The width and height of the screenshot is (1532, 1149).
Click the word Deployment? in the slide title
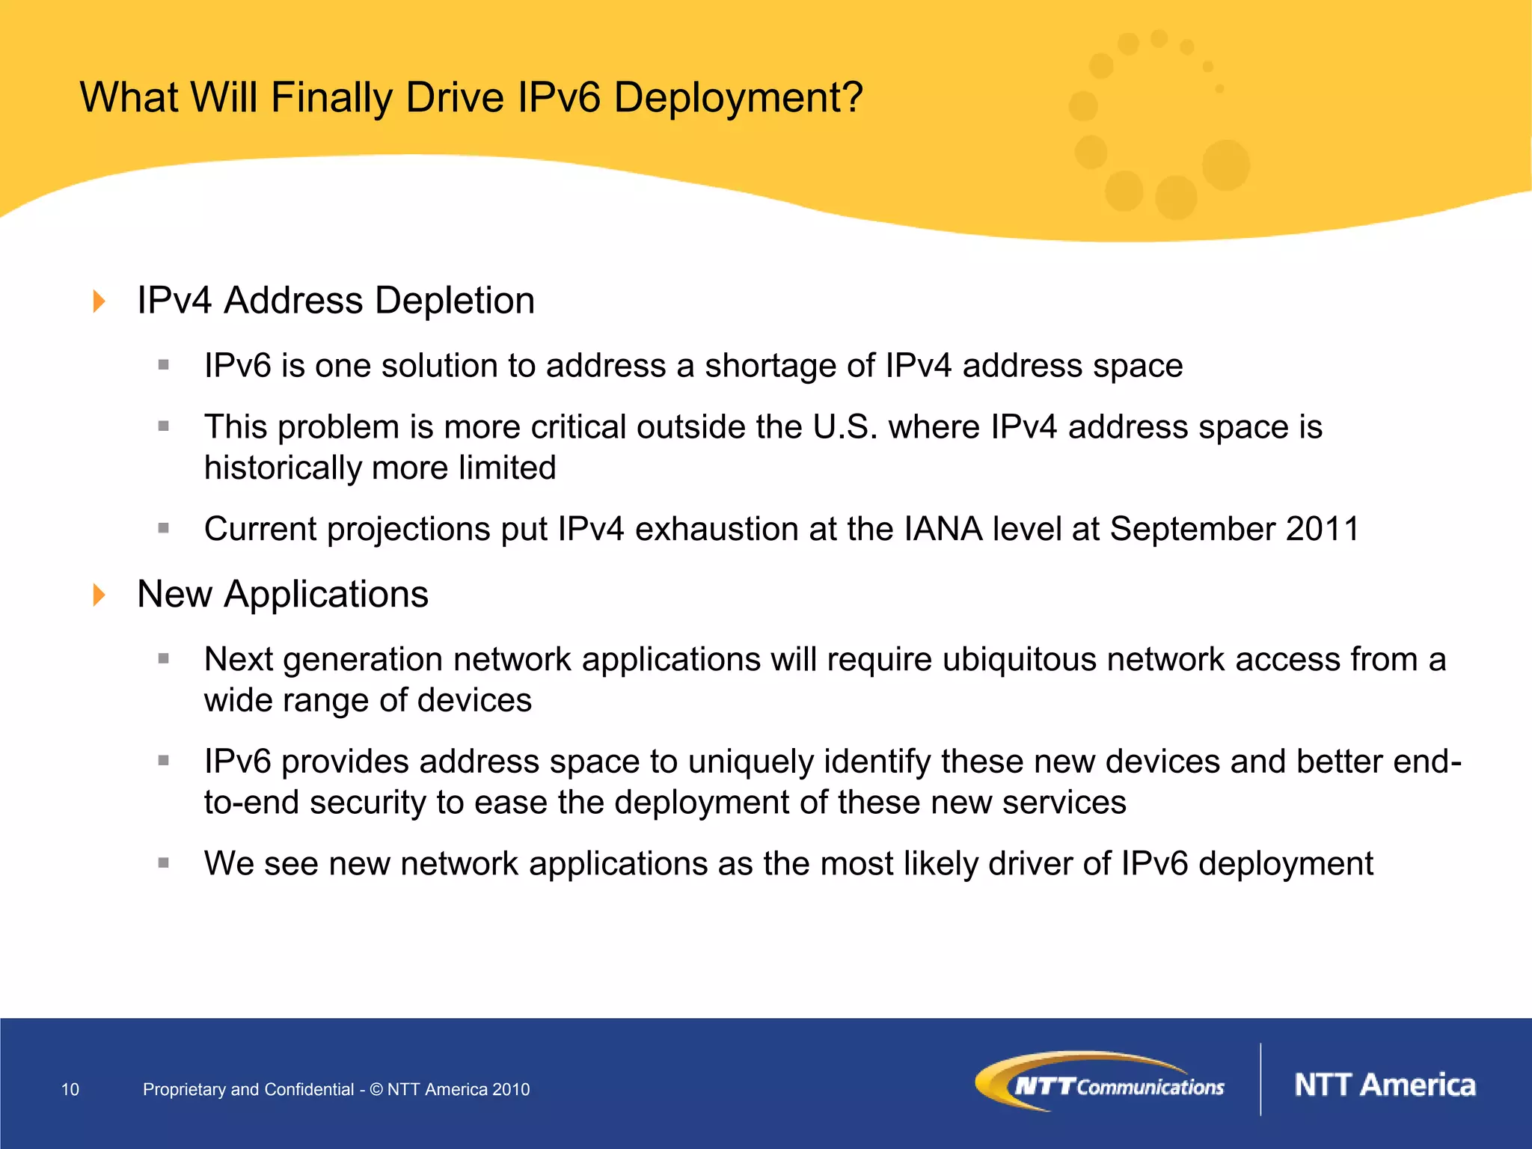tap(738, 98)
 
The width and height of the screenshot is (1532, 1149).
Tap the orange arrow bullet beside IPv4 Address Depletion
tap(99, 301)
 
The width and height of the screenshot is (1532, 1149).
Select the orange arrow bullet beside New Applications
tap(99, 595)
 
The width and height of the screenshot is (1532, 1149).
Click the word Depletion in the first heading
tap(455, 301)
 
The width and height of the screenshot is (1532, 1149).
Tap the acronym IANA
tap(943, 529)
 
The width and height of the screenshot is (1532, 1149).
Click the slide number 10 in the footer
tap(70, 1089)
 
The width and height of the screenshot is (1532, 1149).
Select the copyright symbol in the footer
tap(376, 1089)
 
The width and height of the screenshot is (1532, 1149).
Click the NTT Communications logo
tap(1100, 1082)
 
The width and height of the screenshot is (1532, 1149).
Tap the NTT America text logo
tap(1385, 1085)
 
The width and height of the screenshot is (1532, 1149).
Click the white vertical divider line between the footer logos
tap(1261, 1079)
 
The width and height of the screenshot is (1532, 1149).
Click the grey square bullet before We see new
tap(164, 862)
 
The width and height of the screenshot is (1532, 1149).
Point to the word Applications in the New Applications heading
tap(326, 595)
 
